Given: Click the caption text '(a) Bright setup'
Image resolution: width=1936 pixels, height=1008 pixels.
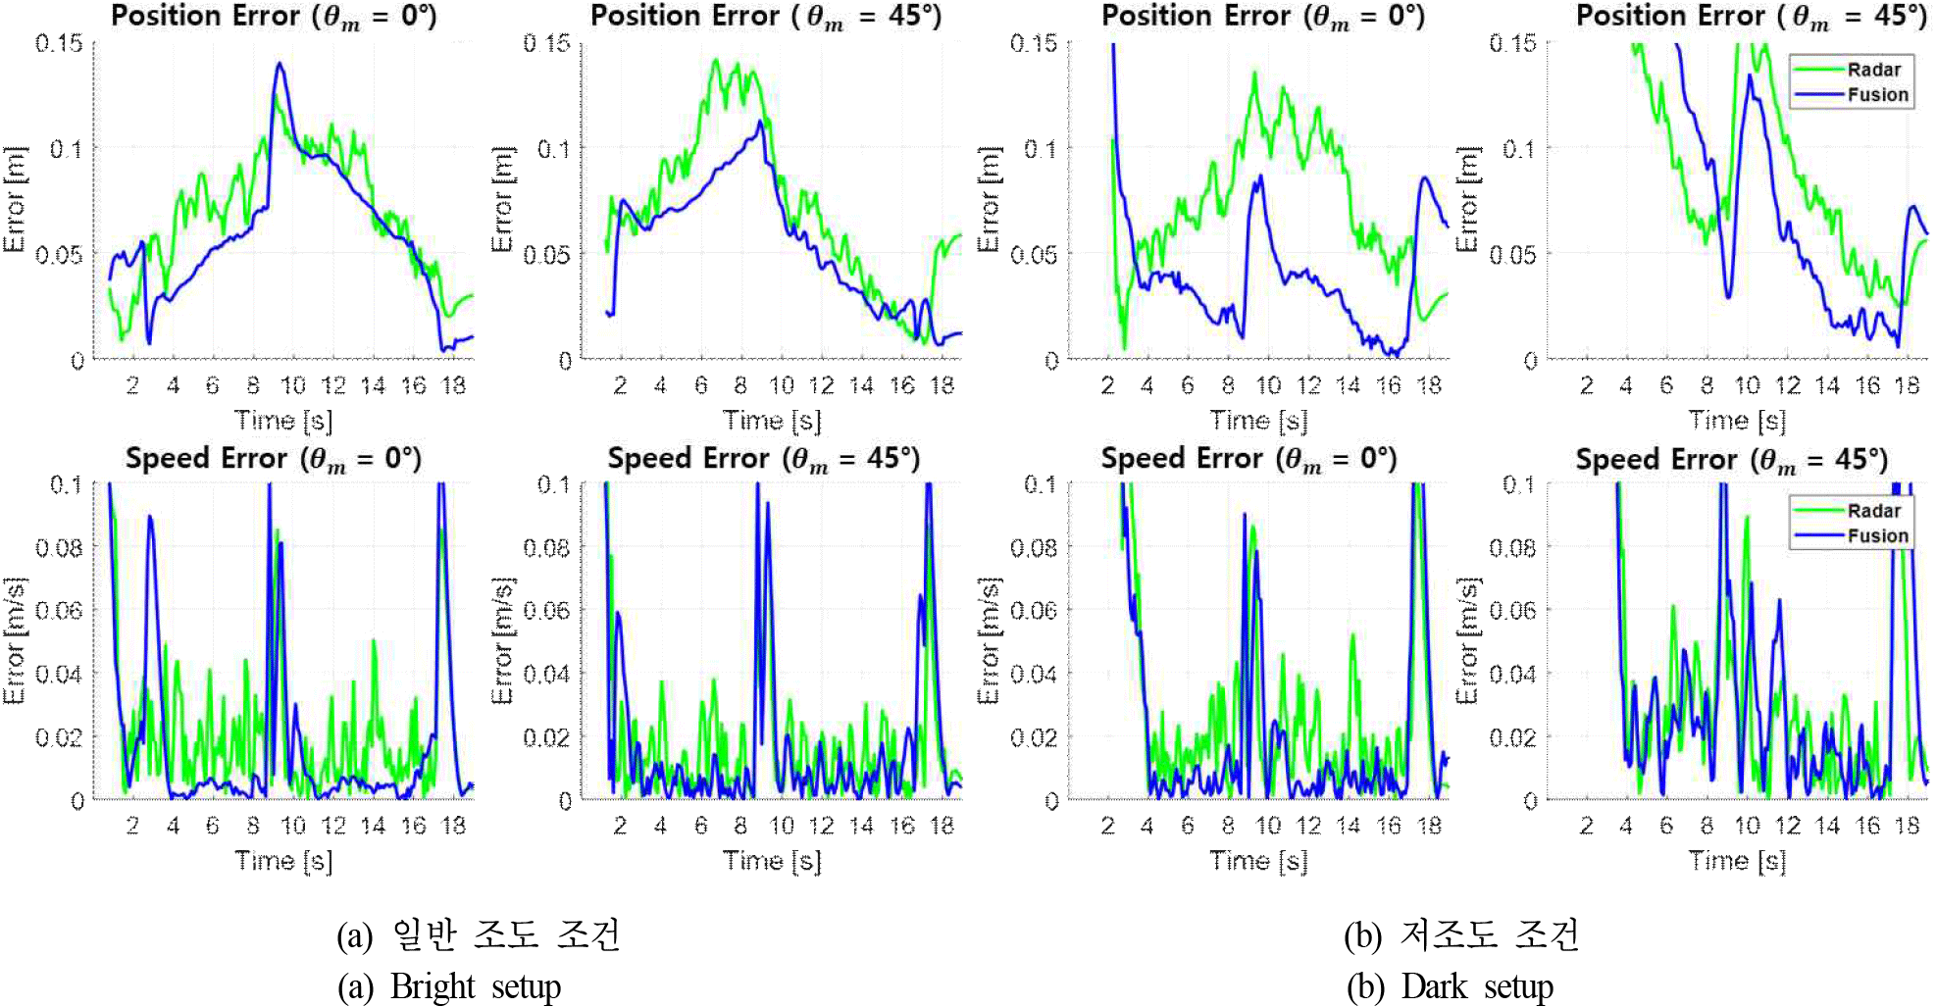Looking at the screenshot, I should (x=450, y=986).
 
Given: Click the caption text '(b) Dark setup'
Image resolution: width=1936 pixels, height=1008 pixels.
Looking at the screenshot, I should (x=1450, y=986).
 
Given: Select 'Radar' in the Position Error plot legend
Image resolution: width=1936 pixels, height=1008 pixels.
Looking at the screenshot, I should (x=1873, y=70).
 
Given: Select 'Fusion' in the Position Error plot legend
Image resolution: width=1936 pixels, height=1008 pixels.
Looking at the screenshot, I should (x=1877, y=95).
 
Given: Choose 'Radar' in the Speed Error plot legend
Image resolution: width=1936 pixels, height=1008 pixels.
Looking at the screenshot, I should (x=1873, y=511).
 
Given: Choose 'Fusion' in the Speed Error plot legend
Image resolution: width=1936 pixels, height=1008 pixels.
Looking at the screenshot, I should (x=1877, y=536).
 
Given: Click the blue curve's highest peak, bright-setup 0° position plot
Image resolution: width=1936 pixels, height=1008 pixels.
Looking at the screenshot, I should (x=280, y=65).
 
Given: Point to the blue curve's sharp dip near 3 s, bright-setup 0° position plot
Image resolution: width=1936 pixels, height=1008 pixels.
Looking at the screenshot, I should (x=149, y=342).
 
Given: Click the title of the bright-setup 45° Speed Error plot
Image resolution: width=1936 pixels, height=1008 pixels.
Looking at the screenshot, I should (x=763, y=459).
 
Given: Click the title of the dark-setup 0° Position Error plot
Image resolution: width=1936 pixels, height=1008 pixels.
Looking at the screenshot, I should (x=1263, y=17).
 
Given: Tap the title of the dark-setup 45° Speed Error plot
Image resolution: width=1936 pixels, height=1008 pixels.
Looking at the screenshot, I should (x=1731, y=460).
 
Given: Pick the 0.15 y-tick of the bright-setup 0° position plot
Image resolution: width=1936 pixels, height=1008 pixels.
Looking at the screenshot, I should (x=59, y=43).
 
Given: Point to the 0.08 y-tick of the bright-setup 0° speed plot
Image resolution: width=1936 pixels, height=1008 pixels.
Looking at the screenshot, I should (x=59, y=547).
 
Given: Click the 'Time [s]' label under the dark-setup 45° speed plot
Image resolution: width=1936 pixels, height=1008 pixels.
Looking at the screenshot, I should (x=1737, y=861).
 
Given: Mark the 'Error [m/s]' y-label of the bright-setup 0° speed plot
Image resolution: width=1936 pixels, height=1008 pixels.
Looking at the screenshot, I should (x=14, y=640).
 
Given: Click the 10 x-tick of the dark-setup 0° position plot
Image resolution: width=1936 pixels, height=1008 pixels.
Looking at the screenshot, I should (x=1269, y=385).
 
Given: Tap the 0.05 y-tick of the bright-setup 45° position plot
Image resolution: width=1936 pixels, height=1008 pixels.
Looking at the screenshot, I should (x=546, y=255).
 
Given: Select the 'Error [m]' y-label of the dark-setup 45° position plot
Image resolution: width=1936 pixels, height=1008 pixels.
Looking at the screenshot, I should (x=1466, y=199).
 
